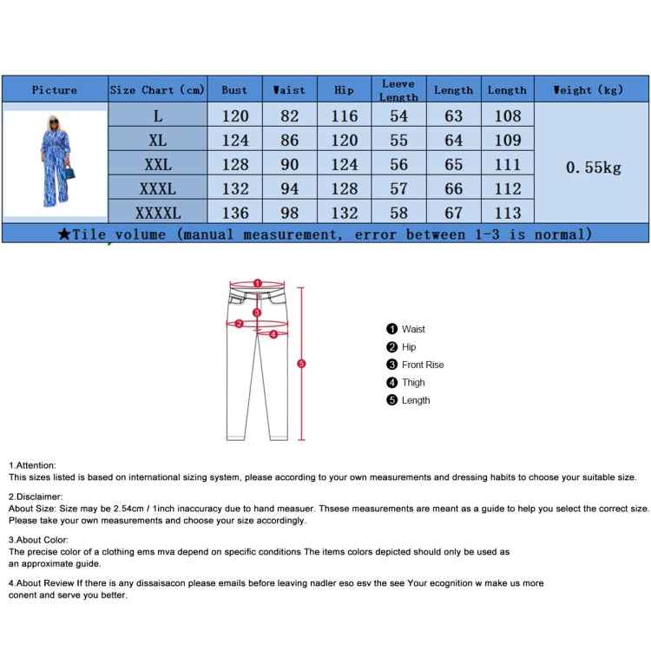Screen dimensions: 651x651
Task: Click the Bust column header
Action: click(234, 89)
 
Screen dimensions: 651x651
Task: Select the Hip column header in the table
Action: click(344, 89)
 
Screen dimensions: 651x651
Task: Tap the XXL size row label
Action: click(157, 164)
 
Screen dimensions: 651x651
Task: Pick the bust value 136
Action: click(234, 213)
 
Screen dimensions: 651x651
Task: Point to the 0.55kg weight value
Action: click(594, 168)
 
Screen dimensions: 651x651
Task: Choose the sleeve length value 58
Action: click(398, 213)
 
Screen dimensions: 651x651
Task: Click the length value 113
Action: click(507, 213)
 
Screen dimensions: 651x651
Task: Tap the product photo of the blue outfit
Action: click(55, 162)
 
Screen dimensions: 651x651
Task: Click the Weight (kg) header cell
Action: click(590, 89)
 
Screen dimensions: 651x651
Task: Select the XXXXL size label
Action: click(157, 213)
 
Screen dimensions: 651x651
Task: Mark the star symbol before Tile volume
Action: click(64, 233)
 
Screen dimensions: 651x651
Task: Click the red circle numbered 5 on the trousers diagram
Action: click(301, 364)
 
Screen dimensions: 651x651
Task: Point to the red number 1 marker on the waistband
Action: click(257, 283)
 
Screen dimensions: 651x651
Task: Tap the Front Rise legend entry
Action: click(422, 365)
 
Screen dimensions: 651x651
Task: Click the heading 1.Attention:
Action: click(32, 465)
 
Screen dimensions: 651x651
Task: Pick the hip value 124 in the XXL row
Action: click(344, 164)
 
